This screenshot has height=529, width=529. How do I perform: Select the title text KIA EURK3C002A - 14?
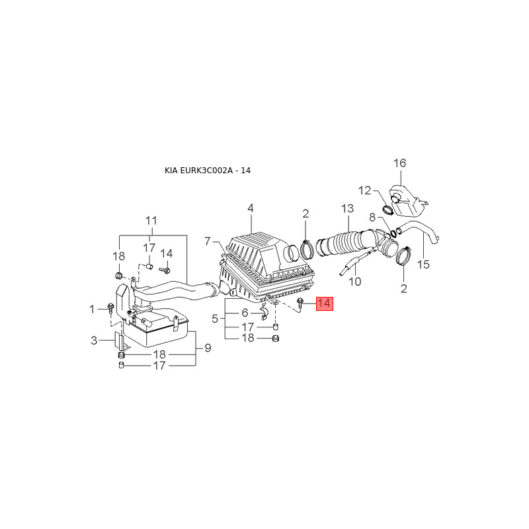207,171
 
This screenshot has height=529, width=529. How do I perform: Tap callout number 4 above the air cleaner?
251,209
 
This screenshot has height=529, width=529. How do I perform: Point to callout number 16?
400,163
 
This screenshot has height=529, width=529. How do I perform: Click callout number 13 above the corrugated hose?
348,209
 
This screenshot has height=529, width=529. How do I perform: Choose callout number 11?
151,220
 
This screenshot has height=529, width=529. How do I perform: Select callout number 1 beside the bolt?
93,309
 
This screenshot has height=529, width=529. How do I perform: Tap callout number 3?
95,341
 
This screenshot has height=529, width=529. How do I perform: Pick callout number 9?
207,348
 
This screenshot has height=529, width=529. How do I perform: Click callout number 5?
215,319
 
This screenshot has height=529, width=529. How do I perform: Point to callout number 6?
245,312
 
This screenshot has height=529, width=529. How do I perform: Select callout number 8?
372,217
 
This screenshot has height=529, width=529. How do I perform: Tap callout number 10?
355,282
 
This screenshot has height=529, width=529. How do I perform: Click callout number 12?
365,190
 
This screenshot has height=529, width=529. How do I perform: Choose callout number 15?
424,264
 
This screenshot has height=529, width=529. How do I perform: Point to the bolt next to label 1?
110,308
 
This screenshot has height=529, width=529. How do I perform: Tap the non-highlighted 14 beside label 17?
166,253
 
